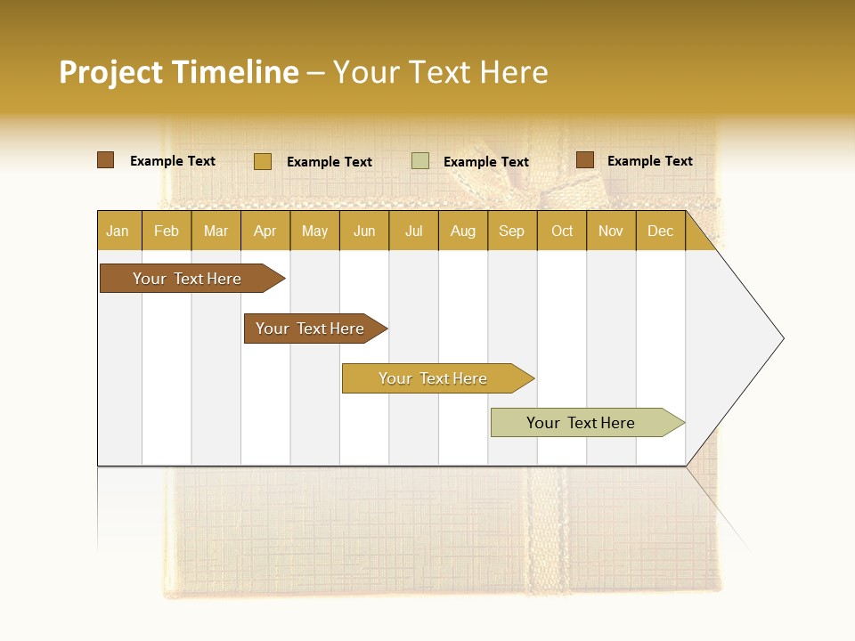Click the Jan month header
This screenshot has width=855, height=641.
point(118,231)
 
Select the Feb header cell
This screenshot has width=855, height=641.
point(167,231)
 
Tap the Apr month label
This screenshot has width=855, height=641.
point(265,231)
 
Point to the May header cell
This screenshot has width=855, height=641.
point(314,231)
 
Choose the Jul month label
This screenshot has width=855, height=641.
point(413,231)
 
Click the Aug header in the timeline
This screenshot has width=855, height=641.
point(462,231)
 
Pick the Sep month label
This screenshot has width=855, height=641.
point(511,231)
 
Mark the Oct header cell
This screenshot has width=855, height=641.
point(562,231)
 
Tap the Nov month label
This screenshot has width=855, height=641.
point(611,231)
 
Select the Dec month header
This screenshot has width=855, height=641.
point(660,231)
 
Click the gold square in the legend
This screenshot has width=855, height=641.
point(263,161)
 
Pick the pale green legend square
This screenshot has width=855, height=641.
point(420,161)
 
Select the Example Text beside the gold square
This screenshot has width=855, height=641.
point(330,162)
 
